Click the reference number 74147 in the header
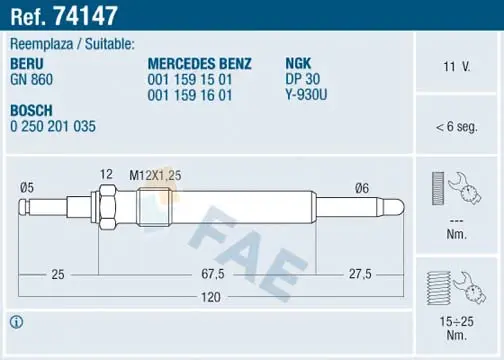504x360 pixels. pyautogui.click(x=86, y=16)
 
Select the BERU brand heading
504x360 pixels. pyautogui.click(x=27, y=64)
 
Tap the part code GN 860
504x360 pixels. pyautogui.click(x=32, y=80)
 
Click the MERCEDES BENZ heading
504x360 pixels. pyautogui.click(x=199, y=64)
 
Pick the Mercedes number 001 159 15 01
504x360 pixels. pyautogui.click(x=190, y=80)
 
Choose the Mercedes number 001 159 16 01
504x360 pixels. pyautogui.click(x=190, y=95)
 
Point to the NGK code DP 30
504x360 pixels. pyautogui.click(x=303, y=79)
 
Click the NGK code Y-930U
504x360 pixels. pyautogui.click(x=306, y=95)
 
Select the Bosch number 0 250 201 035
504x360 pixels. pyautogui.click(x=53, y=126)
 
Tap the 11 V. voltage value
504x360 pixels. pyautogui.click(x=456, y=67)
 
